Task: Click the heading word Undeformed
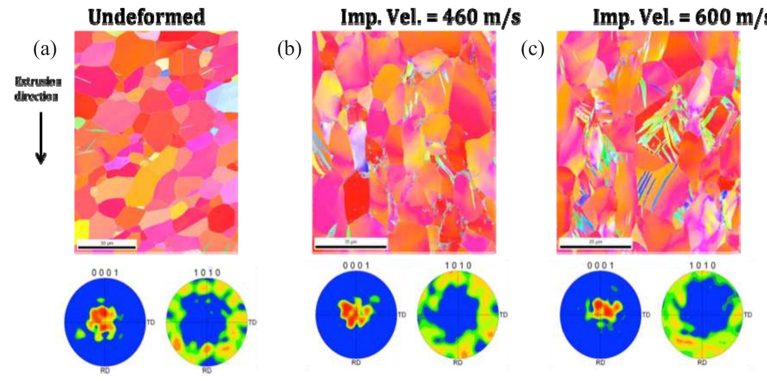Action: point(147,17)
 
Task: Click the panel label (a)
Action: point(45,49)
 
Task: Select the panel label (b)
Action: point(289,49)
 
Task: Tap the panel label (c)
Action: point(532,49)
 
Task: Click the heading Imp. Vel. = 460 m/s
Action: point(431,17)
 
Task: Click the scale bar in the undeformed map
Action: point(107,247)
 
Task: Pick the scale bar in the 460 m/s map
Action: point(351,246)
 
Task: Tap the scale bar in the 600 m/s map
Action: point(595,246)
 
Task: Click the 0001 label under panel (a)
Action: point(105,272)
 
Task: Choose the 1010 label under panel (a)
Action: point(207,272)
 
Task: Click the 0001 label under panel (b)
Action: point(356,265)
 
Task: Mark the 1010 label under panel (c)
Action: point(702,265)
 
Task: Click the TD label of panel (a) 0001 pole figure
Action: point(150,322)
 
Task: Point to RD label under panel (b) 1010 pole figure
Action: point(458,363)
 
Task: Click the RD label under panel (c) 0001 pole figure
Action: point(600,363)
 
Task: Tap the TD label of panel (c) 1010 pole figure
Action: point(748,315)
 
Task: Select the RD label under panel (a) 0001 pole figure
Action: point(105,371)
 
